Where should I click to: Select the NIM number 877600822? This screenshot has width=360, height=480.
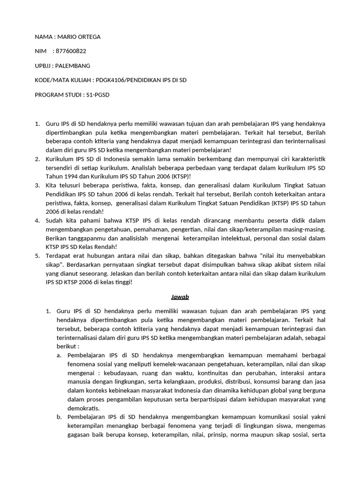(70, 52)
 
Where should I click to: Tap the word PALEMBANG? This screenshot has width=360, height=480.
(74, 66)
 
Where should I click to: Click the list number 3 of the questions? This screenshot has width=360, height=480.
(38, 185)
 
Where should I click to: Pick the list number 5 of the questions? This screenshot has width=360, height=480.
(38, 255)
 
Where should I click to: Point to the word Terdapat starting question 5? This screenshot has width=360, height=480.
(59, 255)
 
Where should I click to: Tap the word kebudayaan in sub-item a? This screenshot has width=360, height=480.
(113, 373)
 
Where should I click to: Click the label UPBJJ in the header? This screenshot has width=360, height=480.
(44, 66)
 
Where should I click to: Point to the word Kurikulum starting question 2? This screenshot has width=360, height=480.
(60, 159)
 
